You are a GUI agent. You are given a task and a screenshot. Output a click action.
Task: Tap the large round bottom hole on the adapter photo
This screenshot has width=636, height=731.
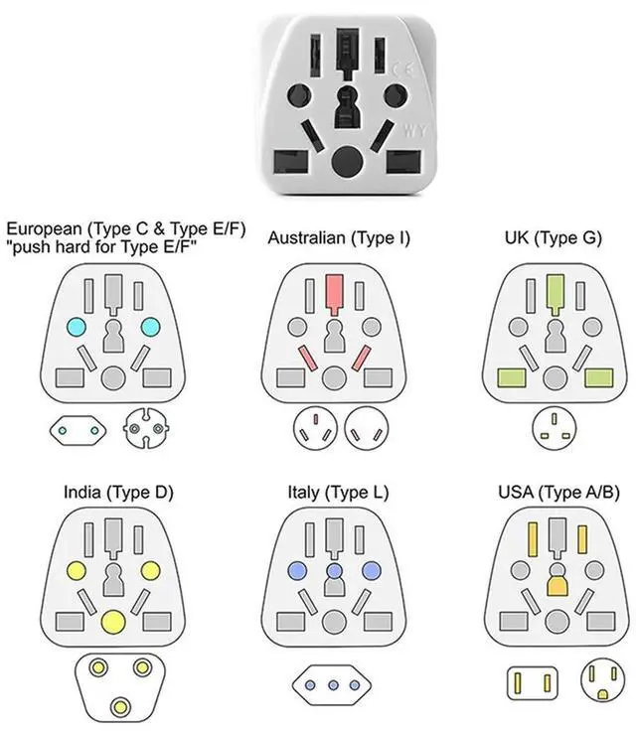click(345, 160)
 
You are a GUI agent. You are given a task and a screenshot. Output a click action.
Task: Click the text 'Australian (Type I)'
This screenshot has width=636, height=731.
click(339, 238)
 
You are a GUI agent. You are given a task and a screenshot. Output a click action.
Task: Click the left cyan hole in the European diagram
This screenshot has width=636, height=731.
click(75, 327)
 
